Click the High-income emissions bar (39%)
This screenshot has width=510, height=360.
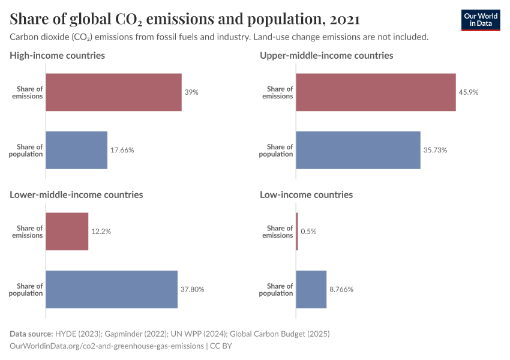113,92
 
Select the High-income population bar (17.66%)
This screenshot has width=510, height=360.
77,150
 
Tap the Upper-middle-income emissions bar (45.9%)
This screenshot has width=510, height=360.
376,92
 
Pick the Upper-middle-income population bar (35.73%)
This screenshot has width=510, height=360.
358,150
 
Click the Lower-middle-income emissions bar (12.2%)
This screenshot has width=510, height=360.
67,232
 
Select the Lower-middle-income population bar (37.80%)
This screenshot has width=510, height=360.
112,289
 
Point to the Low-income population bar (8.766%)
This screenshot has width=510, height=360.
311,289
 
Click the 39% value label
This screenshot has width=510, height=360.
191,92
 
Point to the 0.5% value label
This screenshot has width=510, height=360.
308,232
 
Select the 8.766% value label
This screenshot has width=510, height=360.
341,289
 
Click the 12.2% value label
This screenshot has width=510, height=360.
101,232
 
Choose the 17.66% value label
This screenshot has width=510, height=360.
122,150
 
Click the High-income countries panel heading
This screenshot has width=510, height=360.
58,55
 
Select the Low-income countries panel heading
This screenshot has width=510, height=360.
306,194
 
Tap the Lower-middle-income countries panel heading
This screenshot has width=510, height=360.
76,194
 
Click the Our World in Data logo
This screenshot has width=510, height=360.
481,20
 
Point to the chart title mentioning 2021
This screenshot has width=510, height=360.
185,19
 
